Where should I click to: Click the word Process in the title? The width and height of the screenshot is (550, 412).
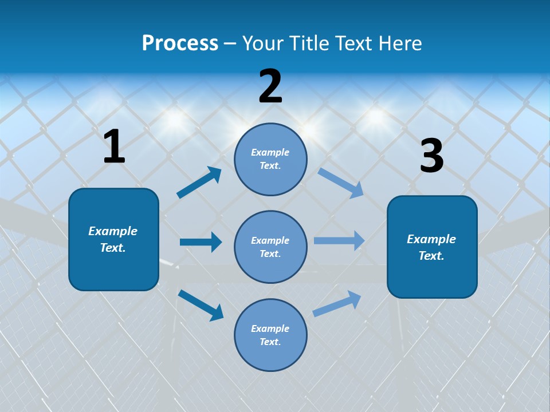(x=180, y=43)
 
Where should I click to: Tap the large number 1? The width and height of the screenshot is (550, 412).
(x=114, y=148)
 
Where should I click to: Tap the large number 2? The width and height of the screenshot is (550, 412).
(x=270, y=87)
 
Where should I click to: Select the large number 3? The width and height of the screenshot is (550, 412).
(x=431, y=157)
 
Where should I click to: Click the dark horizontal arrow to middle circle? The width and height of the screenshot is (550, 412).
(x=201, y=242)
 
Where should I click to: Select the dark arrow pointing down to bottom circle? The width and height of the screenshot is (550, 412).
(x=201, y=305)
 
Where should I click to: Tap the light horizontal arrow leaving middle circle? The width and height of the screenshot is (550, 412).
(x=339, y=240)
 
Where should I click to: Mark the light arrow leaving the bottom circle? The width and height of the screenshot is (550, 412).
(x=337, y=303)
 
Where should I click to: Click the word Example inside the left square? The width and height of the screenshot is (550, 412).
(x=113, y=231)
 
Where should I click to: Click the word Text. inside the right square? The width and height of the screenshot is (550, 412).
(x=431, y=256)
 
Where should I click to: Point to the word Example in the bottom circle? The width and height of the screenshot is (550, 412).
(x=270, y=328)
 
